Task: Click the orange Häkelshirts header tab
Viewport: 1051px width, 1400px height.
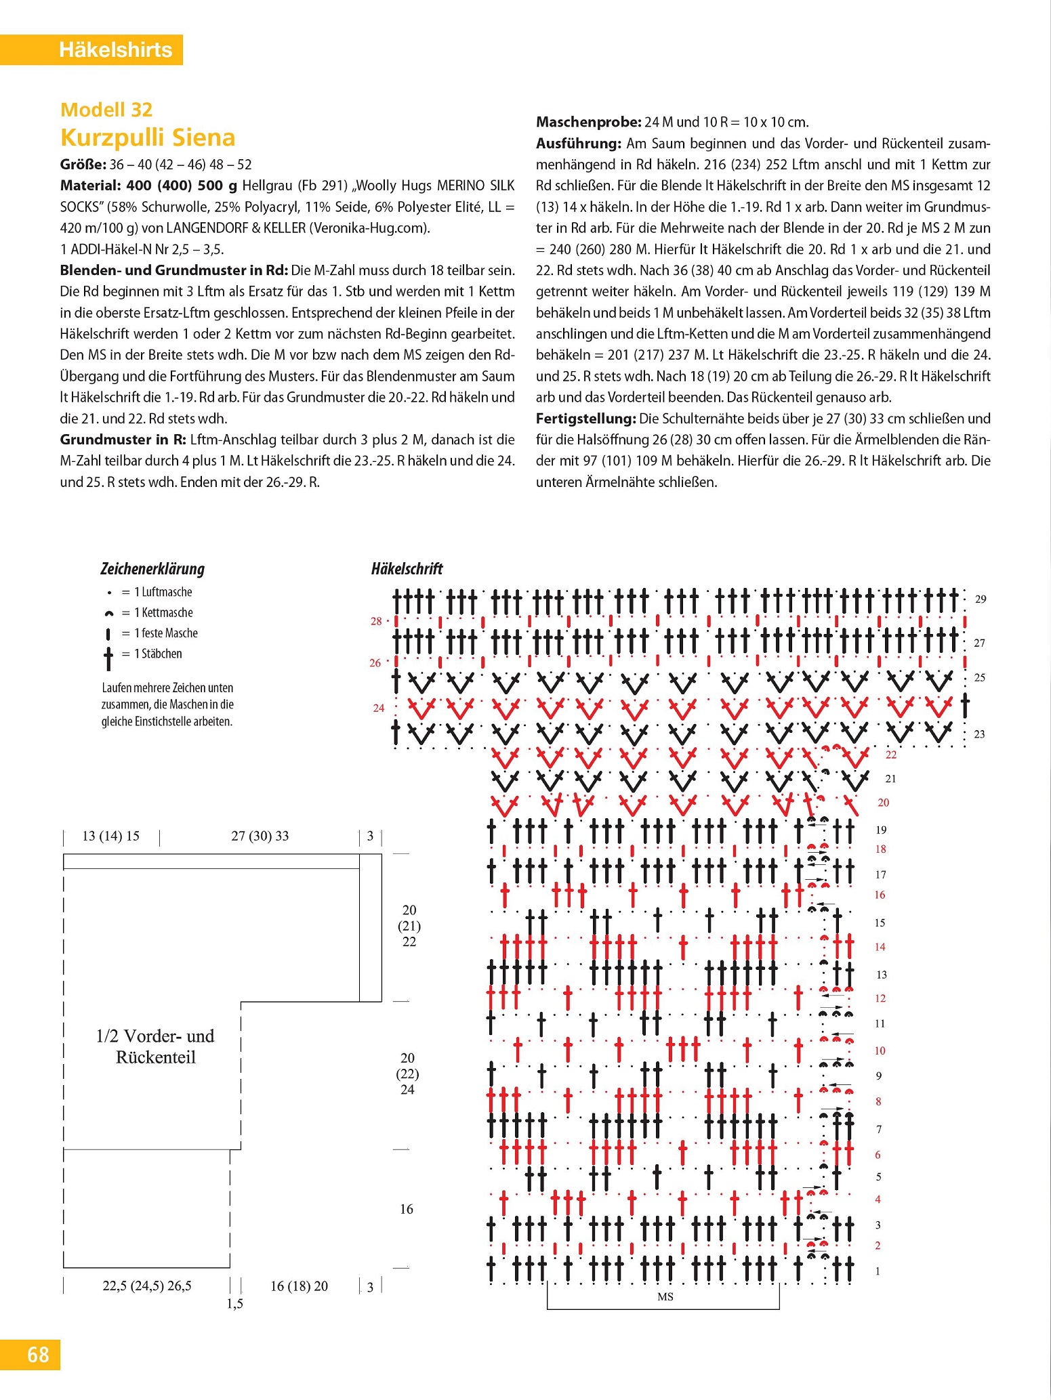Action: coord(115,50)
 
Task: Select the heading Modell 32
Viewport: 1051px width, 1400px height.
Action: coord(106,110)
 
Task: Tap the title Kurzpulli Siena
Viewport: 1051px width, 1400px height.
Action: coord(148,137)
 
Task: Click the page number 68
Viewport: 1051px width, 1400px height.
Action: coord(38,1355)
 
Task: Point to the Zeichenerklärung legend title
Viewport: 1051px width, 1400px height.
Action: coord(152,569)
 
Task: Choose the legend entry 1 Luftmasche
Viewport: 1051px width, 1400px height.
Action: coord(163,592)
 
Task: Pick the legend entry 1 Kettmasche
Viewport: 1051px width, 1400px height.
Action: coord(163,613)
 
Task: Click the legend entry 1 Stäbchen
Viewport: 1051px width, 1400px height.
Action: coord(157,654)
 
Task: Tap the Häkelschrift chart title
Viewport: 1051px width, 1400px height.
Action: coord(407,569)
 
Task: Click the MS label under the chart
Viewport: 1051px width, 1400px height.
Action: coord(665,1296)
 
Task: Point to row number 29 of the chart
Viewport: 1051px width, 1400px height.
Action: coord(981,599)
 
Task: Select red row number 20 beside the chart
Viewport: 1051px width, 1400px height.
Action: coord(884,803)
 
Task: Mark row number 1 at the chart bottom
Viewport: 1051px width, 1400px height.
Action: coord(878,1271)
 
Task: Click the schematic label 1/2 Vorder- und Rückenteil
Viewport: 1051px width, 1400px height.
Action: coord(155,1046)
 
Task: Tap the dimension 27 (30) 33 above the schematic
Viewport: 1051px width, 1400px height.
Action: coord(260,836)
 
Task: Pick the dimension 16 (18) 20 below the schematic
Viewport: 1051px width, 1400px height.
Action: coord(299,1286)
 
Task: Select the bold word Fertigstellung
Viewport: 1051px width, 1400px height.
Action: coord(585,419)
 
